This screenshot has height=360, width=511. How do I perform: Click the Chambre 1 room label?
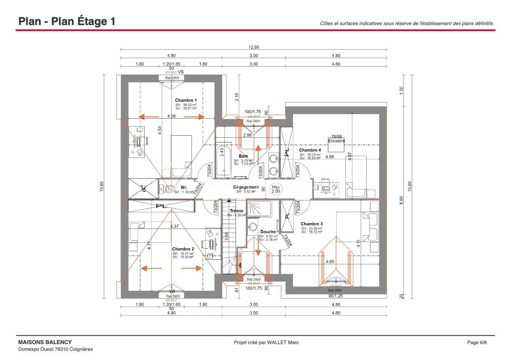(x=186, y=100)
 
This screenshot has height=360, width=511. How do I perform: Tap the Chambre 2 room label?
(x=183, y=249)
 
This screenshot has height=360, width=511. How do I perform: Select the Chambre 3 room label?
(x=311, y=224)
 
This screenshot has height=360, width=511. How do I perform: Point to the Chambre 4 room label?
(x=310, y=150)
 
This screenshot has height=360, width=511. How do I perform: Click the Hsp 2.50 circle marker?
(x=276, y=189)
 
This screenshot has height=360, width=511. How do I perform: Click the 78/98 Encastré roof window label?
(x=336, y=138)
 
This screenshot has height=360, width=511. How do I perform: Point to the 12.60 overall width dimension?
(x=253, y=47)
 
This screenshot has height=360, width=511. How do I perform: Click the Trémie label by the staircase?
(x=236, y=211)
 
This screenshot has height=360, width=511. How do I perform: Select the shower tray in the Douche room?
(x=259, y=208)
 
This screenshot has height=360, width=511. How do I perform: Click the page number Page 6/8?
(x=477, y=342)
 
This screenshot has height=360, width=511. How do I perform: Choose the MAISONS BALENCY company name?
(x=45, y=342)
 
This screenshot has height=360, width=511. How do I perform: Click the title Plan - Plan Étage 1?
(x=67, y=21)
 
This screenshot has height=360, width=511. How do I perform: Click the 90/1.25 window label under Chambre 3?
(x=335, y=296)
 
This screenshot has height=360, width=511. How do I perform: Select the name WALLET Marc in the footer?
(x=283, y=342)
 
